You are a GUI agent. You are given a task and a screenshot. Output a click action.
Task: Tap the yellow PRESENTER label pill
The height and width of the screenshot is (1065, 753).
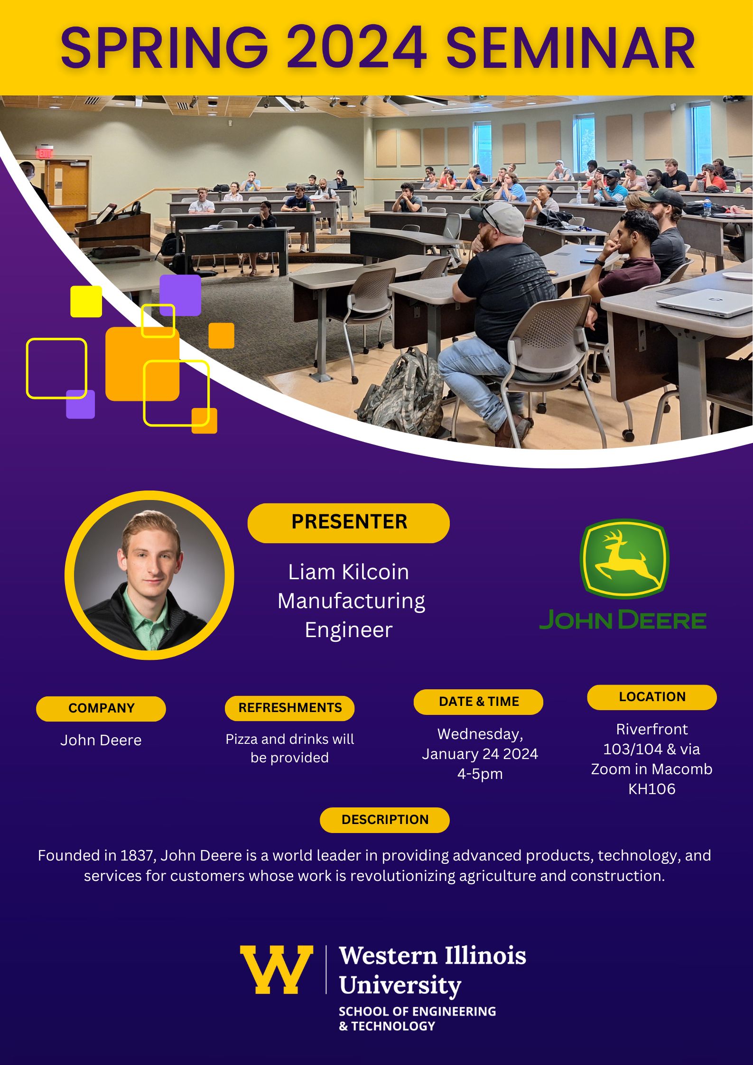(x=348, y=523)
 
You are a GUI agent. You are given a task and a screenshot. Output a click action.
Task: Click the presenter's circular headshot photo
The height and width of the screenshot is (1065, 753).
(x=149, y=575)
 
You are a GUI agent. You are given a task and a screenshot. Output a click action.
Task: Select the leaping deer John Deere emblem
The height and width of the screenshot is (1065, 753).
(x=624, y=558)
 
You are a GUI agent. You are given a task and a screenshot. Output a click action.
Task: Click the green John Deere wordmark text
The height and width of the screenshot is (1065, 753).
(x=623, y=620)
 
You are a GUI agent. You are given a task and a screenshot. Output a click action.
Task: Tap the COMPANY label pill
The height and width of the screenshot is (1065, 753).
(x=101, y=708)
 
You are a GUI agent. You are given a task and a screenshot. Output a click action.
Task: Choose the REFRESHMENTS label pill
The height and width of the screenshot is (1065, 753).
(x=290, y=708)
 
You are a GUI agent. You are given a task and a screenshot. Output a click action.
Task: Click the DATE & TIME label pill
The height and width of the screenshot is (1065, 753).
(x=479, y=702)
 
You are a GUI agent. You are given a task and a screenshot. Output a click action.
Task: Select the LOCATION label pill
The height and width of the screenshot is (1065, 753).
(x=652, y=697)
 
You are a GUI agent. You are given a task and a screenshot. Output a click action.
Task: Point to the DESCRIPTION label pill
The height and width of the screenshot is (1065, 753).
(x=385, y=820)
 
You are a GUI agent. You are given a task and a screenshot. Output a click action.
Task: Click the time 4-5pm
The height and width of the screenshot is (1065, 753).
(x=480, y=774)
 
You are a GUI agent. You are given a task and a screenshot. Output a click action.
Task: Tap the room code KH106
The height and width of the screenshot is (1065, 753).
(x=651, y=789)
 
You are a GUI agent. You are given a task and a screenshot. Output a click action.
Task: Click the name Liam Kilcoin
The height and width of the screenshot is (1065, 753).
(x=348, y=572)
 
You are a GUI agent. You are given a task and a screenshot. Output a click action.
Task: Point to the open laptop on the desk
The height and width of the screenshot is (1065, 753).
(x=705, y=303)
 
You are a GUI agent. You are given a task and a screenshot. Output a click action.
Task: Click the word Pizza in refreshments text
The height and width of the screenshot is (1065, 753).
(x=241, y=739)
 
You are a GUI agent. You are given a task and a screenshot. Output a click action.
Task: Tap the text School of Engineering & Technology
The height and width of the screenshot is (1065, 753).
(x=417, y=1019)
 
